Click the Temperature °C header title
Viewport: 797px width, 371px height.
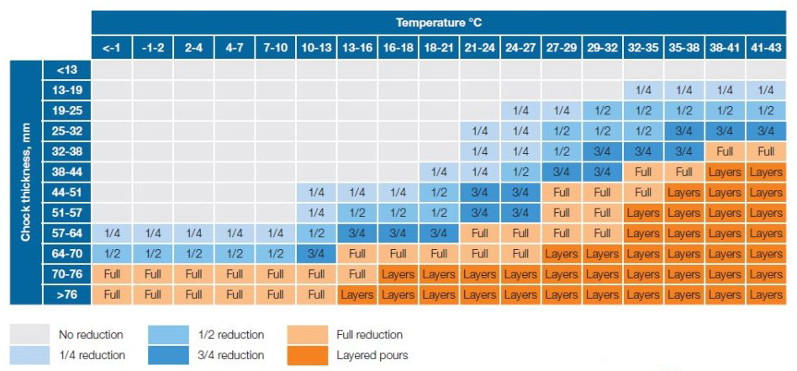[x=439, y=23]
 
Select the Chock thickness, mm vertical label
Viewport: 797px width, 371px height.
[x=26, y=182]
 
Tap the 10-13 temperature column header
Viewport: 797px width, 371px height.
[x=316, y=49]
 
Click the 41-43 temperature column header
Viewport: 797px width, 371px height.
[x=765, y=49]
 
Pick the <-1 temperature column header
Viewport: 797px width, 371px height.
[x=112, y=49]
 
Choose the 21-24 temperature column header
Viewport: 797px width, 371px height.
[x=479, y=49]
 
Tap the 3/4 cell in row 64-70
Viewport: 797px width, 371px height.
[x=316, y=254]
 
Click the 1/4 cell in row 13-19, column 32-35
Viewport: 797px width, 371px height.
[x=643, y=90]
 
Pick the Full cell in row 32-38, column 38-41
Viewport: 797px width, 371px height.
[x=725, y=151]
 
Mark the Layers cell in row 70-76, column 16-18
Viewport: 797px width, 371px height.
[x=398, y=274]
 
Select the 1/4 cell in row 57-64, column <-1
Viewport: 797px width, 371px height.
[x=112, y=234]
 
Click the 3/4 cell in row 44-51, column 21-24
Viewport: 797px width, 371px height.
[x=479, y=193]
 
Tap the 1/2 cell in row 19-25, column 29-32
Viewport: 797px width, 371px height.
[x=602, y=111]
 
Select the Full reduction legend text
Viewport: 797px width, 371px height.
[x=369, y=335]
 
